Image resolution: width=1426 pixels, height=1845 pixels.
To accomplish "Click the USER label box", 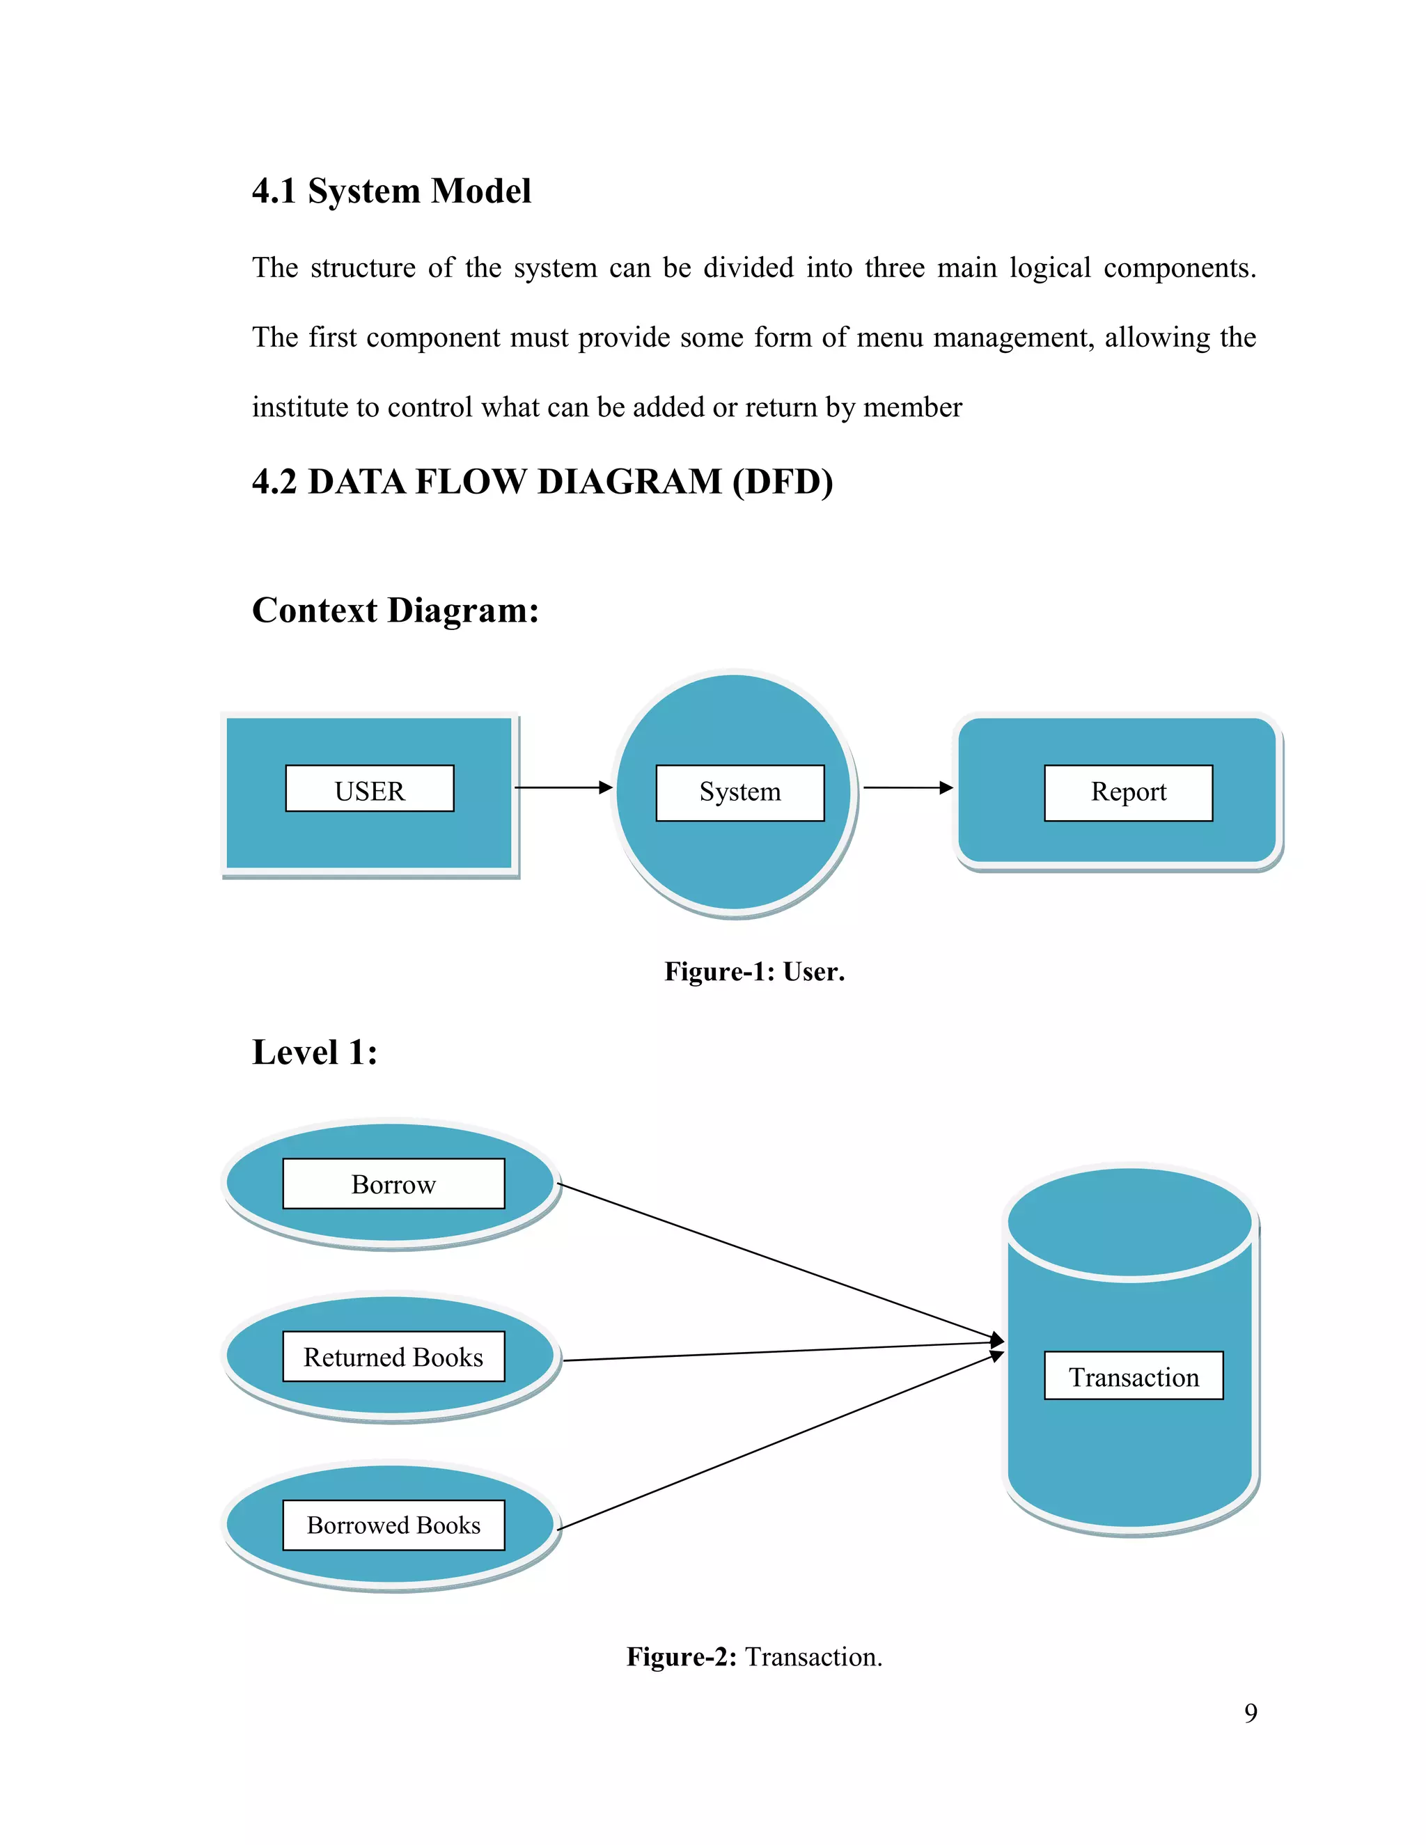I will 369,789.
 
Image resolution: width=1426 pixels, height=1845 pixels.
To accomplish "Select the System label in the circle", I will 740,792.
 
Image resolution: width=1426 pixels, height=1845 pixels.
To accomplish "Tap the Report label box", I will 1128,792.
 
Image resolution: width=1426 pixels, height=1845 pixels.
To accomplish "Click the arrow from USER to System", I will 563,787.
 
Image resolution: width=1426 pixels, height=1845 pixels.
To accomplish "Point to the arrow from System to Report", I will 907,787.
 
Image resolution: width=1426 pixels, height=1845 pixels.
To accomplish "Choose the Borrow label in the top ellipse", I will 393,1184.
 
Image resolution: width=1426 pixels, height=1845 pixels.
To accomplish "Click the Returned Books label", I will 393,1357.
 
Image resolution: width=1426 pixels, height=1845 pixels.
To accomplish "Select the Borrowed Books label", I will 393,1525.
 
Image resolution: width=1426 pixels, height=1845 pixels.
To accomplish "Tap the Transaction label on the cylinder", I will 1134,1377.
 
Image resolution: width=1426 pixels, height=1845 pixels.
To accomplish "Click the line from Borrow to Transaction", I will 777,1262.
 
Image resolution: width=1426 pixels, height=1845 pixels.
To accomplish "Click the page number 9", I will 1251,1713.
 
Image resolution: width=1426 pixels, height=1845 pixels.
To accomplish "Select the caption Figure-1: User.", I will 754,971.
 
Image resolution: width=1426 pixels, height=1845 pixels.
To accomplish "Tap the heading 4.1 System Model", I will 392,191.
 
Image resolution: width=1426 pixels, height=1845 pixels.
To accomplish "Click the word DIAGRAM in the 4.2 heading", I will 629,482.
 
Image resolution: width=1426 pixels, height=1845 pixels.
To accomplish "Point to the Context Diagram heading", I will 395,610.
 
